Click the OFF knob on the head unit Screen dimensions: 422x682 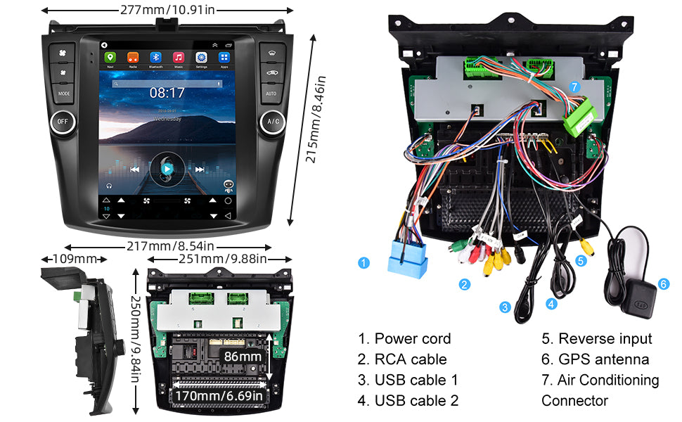(63, 122)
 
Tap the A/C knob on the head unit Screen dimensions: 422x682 (272, 122)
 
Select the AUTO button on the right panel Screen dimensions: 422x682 (271, 93)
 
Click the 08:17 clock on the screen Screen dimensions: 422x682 (167, 92)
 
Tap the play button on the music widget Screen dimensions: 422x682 (167, 169)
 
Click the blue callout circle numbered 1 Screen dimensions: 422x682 (363, 264)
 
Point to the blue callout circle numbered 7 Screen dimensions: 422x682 (574, 87)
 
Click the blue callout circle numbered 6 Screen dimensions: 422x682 (663, 284)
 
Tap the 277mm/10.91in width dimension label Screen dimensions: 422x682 (167, 9)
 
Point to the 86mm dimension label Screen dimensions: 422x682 (243, 357)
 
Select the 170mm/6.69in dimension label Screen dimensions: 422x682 (220, 397)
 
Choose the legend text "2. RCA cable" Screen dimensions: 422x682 (401, 359)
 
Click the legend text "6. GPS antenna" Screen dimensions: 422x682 (595, 359)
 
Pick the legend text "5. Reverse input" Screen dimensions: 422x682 (596, 338)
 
